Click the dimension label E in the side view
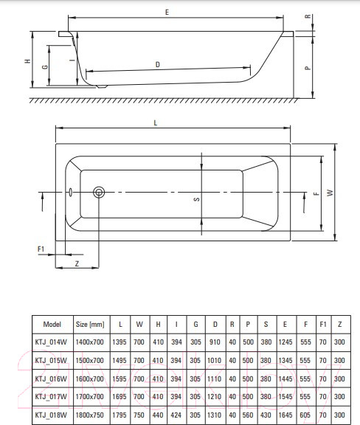point(167,13)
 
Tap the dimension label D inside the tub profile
point(157,65)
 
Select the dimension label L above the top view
point(156,122)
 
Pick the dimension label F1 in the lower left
point(41,249)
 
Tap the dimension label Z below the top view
point(77,263)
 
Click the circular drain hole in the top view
point(100,193)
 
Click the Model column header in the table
point(52,324)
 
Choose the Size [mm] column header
point(90,324)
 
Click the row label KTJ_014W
point(52,342)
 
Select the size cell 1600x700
point(90,377)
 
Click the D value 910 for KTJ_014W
point(214,342)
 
